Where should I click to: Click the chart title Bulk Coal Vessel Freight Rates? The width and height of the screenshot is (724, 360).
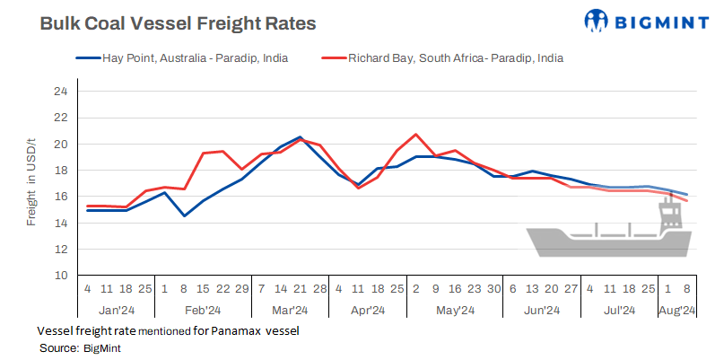[178, 24]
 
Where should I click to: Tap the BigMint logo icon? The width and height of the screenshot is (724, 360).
[597, 21]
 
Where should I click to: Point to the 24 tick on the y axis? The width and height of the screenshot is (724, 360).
[60, 92]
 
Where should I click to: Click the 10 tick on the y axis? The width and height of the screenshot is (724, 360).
[60, 276]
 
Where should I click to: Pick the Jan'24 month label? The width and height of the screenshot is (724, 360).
[117, 311]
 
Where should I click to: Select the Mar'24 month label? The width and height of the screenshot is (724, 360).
[290, 311]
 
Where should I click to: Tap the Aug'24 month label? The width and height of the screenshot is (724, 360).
[677, 311]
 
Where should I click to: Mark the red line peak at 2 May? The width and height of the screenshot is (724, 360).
[416, 135]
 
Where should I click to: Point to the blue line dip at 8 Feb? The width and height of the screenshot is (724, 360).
[184, 215]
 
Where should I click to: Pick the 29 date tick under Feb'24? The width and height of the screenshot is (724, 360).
[242, 290]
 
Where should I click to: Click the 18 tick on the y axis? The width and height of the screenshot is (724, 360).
[60, 171]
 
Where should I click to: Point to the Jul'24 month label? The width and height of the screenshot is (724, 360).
[618, 311]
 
